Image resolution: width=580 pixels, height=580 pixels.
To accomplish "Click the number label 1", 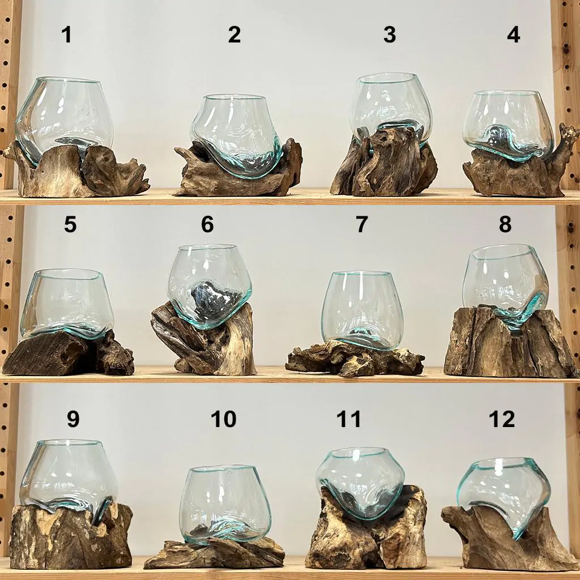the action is point(66,35).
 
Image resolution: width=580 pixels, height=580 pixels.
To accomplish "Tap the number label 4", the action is point(513,35).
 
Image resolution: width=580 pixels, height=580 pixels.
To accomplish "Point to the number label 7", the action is point(361,224).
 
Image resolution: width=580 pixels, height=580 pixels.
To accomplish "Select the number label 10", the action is point(223,419).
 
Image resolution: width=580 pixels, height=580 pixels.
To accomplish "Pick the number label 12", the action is point(502,419).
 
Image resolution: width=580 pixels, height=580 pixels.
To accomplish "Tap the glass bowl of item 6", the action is point(210,285).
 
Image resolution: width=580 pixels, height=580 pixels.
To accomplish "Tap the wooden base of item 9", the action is point(70,536).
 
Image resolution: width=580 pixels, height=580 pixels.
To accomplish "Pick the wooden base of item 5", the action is point(68,353).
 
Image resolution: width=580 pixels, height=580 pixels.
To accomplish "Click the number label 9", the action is point(73,419).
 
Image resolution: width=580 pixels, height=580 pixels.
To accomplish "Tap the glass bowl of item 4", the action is point(508,126).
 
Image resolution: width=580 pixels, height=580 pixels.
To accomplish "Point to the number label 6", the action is point(207,224).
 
